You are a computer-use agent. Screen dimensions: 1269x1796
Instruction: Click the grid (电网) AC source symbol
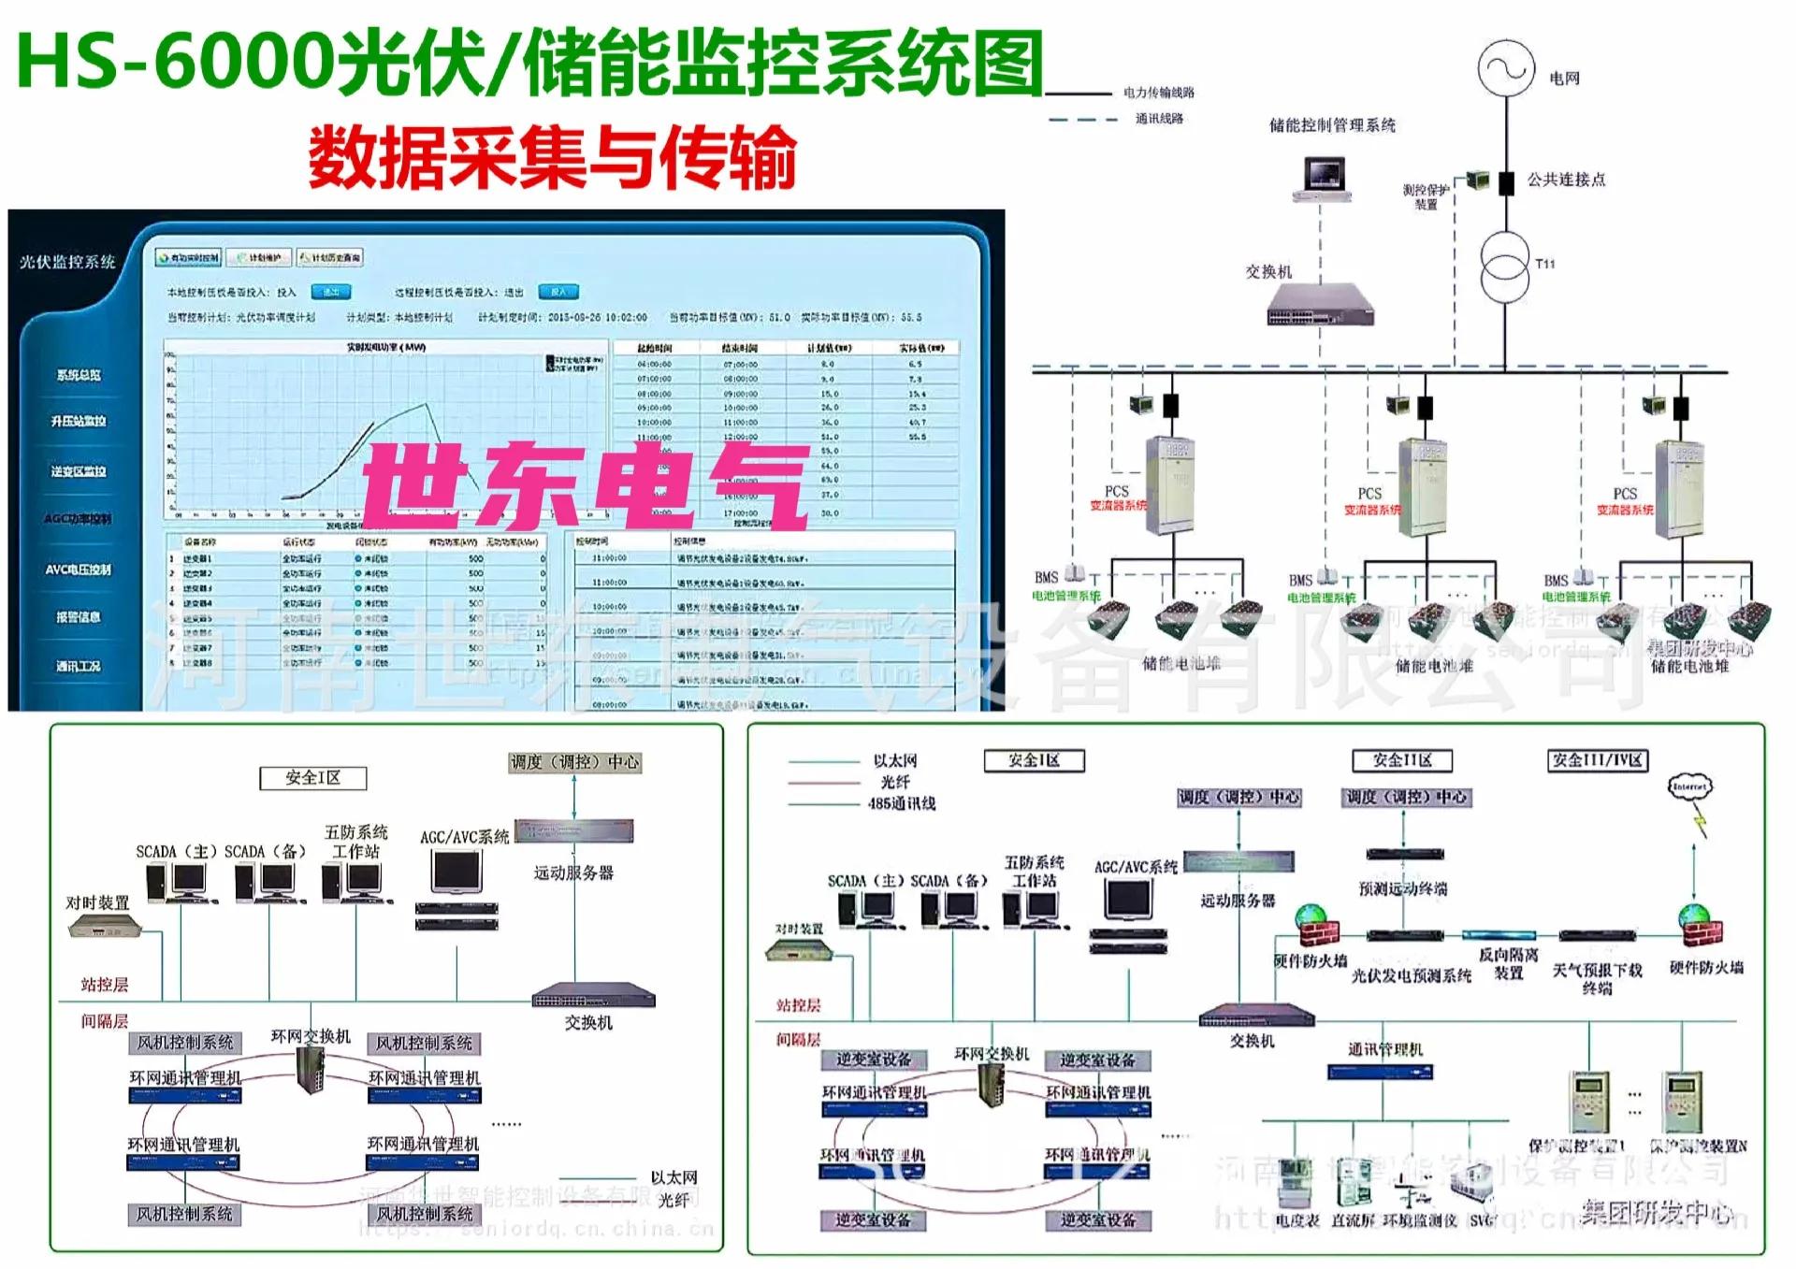point(1506,68)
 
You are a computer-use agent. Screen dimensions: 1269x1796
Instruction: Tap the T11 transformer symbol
point(1506,266)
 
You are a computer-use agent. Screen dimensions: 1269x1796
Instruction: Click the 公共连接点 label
point(1566,180)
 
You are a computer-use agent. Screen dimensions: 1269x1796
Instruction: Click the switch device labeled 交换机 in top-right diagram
point(1321,304)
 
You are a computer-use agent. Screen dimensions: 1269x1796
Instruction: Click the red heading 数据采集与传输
point(552,157)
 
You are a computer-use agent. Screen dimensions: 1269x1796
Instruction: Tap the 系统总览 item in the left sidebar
point(79,375)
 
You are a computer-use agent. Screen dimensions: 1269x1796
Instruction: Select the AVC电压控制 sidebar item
point(79,569)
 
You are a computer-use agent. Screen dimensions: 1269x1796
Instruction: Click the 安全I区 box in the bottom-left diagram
point(312,778)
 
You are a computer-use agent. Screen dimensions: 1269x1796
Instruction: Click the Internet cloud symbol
point(1689,787)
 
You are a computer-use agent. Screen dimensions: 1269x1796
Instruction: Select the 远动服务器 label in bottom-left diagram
point(573,872)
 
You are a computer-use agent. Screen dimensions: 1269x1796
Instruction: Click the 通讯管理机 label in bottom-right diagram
point(1384,1049)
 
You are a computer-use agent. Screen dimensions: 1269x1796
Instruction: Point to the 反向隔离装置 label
point(1508,963)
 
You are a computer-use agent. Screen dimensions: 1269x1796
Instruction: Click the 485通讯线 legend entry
point(901,803)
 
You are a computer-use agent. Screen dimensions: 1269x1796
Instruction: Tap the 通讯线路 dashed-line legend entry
point(1159,119)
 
